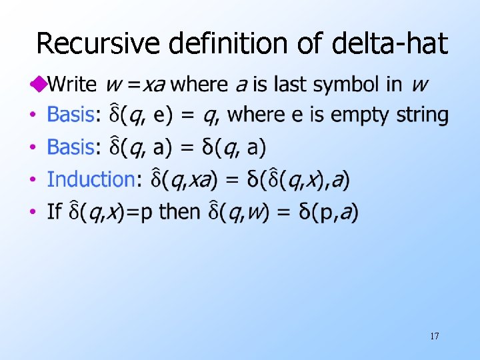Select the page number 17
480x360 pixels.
434,336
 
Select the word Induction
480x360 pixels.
91,179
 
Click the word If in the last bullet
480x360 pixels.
54,212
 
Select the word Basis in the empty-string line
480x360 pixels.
71,115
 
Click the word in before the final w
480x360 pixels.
395,85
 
